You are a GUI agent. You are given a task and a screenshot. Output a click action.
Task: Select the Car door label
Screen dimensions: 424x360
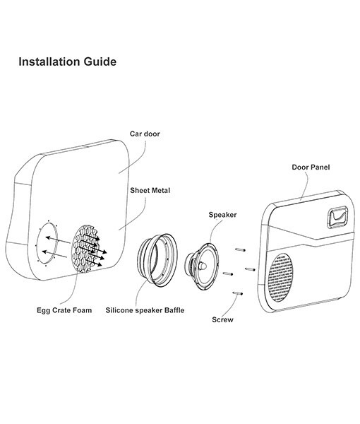(x=144, y=133)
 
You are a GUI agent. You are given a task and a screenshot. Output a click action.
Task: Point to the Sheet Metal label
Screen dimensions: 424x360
(x=150, y=191)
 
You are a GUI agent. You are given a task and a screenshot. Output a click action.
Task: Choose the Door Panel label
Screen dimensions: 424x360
(x=311, y=167)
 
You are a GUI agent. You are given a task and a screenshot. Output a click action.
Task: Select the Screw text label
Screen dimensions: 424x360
(x=223, y=319)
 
